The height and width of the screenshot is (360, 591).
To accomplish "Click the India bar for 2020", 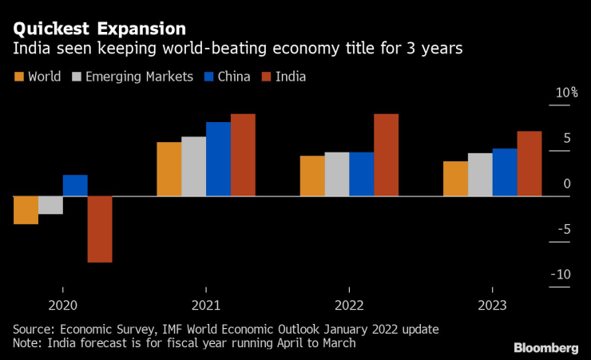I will coord(100,229).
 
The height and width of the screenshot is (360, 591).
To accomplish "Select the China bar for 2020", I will coord(75,185).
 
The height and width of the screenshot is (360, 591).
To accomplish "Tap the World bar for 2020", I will coord(26,210).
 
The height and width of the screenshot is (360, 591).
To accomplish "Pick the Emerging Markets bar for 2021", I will coord(193,166).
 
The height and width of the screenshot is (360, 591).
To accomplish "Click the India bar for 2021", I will coord(243,155).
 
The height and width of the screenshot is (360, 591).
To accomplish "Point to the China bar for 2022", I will coord(361,174).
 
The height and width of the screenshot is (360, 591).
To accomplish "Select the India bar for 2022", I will coord(386,155).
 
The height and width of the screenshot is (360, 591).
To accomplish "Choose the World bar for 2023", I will coord(455,179).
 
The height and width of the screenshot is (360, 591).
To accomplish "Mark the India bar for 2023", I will coord(530,164).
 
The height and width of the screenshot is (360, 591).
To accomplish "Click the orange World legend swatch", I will coord(18,77).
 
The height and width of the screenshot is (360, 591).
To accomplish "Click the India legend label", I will coord(290,77).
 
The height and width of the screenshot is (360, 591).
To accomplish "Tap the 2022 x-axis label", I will coord(349,305).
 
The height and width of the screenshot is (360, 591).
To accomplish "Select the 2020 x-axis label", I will coord(63,305).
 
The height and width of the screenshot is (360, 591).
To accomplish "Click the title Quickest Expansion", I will coord(98,29).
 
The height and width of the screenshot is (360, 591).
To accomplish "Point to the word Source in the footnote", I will coord(32,329).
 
